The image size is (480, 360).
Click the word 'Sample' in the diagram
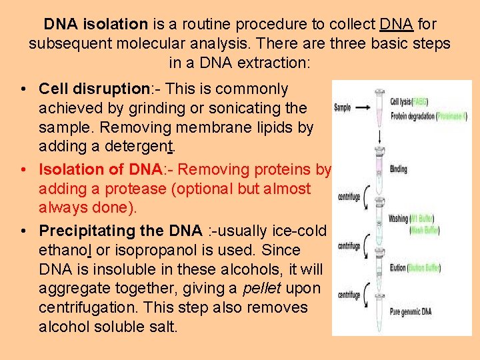(342, 107)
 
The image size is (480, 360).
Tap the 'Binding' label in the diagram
(398, 169)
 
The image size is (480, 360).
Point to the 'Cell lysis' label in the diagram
(401, 102)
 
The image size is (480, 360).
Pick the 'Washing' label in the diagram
(399, 218)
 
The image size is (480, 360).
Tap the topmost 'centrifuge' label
(349, 197)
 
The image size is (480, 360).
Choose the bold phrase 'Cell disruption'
(92, 89)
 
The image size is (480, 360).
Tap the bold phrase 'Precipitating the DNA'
(120, 231)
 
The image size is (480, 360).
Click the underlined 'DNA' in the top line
(397, 25)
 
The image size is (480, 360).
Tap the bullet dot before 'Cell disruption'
(23, 89)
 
